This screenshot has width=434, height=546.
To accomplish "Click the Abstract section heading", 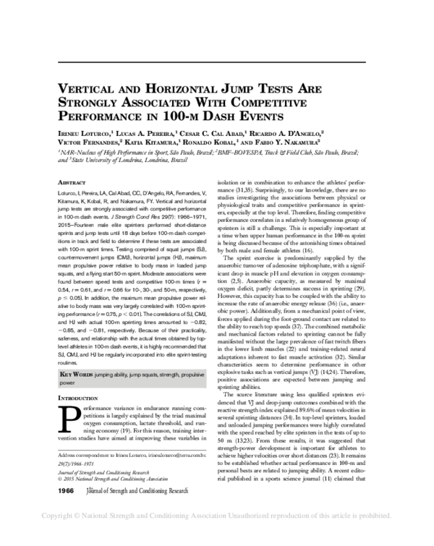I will click(x=71, y=184).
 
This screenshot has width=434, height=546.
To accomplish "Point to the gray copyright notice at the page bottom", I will click(x=217, y=537).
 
